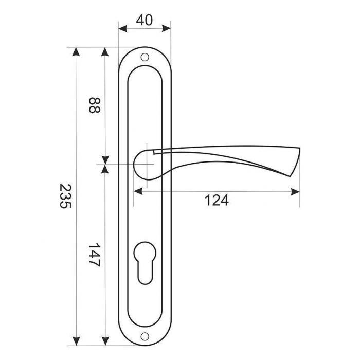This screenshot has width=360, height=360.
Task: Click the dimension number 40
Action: [145, 20]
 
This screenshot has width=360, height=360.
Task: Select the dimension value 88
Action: [94, 105]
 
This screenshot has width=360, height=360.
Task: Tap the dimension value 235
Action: [65, 196]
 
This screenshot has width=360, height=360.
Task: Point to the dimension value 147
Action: [94, 255]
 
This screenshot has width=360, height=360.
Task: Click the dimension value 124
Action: [217, 200]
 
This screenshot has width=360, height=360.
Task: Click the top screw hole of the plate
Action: [145, 57]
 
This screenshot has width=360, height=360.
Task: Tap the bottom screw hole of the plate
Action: [145, 336]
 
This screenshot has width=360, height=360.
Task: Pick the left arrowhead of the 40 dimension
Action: [122, 28]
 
